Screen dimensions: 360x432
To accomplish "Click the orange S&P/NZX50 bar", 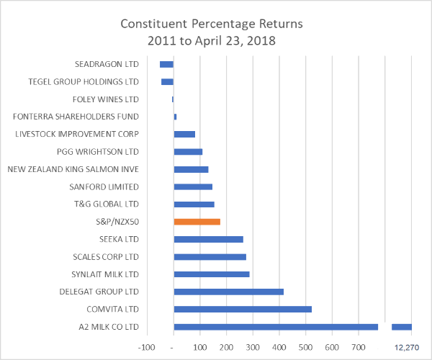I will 197,222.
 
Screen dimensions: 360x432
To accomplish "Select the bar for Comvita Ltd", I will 243,309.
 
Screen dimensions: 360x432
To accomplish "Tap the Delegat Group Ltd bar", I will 228,292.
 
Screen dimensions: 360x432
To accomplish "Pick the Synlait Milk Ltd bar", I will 211,274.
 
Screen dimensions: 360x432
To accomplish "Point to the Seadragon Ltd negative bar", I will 166,64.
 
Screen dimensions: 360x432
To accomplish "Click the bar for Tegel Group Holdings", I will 167,82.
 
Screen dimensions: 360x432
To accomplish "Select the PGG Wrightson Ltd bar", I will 188,152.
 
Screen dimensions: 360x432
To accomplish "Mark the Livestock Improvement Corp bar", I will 184,134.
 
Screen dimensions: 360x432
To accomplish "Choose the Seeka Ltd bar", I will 208,239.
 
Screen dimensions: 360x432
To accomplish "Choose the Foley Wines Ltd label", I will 106,99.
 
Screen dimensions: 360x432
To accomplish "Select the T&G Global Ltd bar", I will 194,204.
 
